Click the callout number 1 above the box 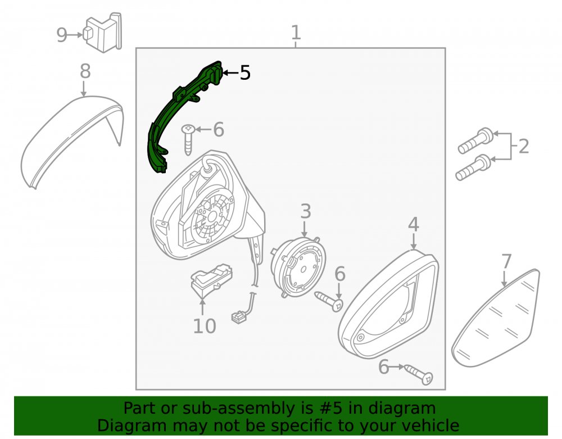coord(296,33)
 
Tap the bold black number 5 coord(245,73)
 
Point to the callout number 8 coord(85,71)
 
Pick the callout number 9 coord(62,35)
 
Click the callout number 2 coord(524,147)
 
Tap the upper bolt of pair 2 coord(475,141)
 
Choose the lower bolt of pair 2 coord(473,168)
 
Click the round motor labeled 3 coord(298,266)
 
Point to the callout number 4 coord(413,225)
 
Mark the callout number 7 coord(506,261)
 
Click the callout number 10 coord(205,326)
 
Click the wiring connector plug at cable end coord(238,318)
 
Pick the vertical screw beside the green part coord(188,140)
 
